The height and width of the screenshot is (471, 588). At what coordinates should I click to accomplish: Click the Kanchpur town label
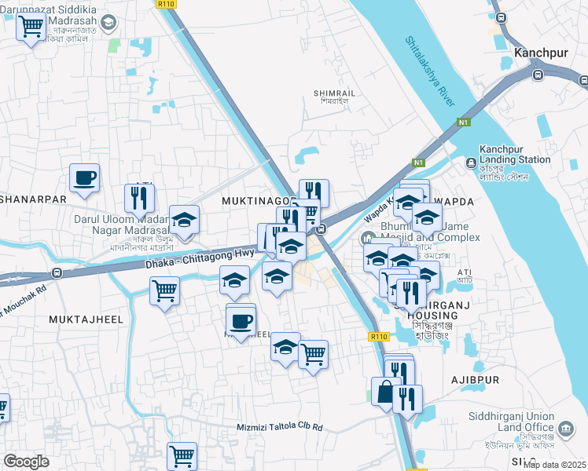[x=541, y=53]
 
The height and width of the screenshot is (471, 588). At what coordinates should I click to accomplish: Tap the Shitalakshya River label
[x=431, y=71]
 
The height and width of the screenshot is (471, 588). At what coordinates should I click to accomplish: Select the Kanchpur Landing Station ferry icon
[x=470, y=163]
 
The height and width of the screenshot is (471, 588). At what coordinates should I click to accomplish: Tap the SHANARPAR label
[x=33, y=199]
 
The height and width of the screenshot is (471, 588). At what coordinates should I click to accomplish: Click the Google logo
[x=26, y=461]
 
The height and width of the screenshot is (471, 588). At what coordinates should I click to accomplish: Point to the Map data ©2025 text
[x=554, y=465]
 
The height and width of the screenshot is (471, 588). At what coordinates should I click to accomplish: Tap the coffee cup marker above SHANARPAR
[x=84, y=177]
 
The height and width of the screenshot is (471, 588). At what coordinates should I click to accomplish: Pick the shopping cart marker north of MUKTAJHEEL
[x=165, y=290]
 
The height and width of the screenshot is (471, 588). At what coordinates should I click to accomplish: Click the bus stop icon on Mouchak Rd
[x=57, y=273]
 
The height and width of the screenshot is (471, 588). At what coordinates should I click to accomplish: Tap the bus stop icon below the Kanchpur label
[x=538, y=75]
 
